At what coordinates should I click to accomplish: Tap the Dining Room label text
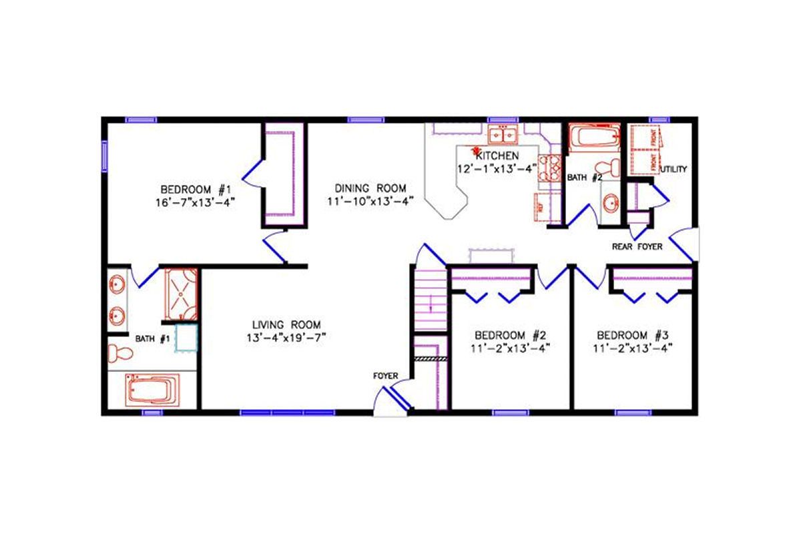tap(370, 188)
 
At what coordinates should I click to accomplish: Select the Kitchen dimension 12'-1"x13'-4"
tap(497, 169)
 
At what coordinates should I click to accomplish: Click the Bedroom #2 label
tap(511, 334)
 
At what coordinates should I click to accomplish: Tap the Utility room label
tap(674, 170)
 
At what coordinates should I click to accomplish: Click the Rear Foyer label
tap(637, 247)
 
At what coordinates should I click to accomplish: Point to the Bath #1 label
tap(153, 339)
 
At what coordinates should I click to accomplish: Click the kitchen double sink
tap(504, 136)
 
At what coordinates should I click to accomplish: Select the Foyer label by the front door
tap(385, 376)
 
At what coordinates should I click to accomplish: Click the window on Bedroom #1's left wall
tap(104, 156)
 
